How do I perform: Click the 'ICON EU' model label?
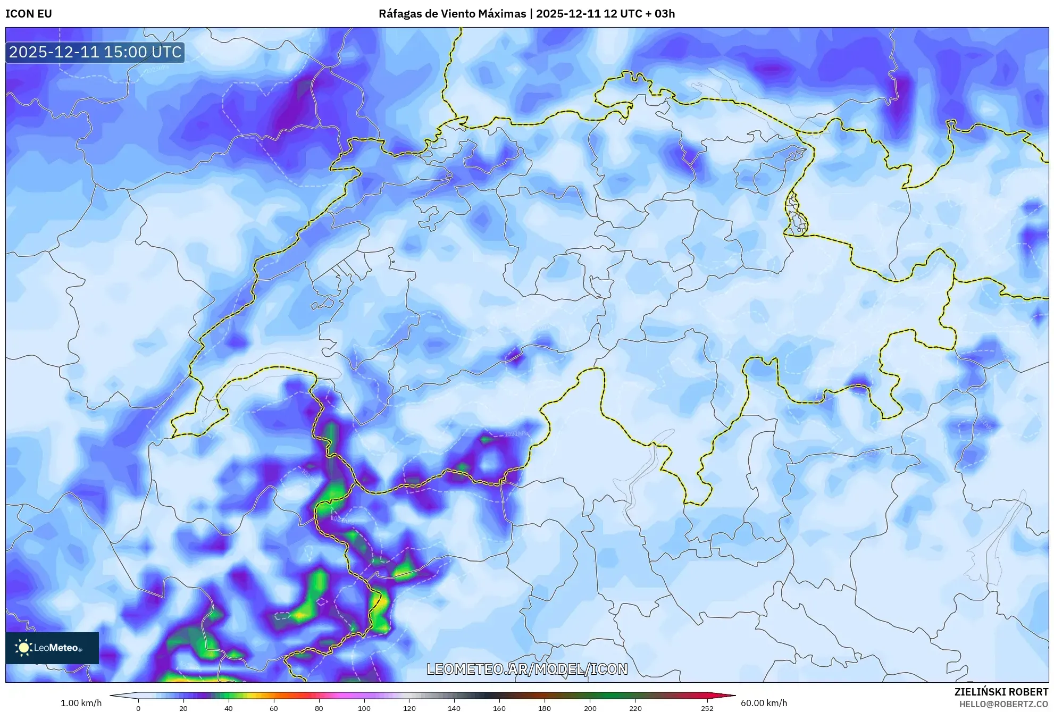pos(29,14)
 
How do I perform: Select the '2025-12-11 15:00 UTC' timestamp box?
pos(95,52)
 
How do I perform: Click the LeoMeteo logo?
pos(52,648)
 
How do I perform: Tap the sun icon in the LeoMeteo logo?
pos(23,648)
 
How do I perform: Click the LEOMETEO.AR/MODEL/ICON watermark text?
pos(527,669)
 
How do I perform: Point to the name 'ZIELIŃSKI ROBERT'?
pos(1001,692)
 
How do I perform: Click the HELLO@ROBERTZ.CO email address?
pos(1003,704)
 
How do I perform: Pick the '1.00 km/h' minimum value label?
pos(81,703)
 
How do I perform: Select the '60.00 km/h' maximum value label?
pos(764,703)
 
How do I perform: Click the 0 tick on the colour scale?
pos(138,708)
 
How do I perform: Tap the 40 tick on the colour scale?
pos(229,708)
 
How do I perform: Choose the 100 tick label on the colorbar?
pos(364,708)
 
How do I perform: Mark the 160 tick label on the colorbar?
pos(499,708)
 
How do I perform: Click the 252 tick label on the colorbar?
pos(707,708)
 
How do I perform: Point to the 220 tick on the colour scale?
pos(635,708)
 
